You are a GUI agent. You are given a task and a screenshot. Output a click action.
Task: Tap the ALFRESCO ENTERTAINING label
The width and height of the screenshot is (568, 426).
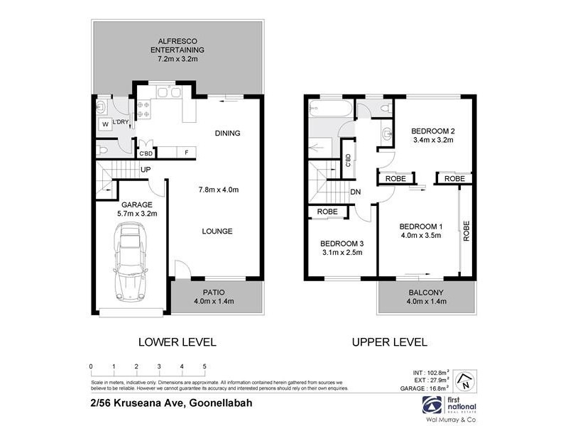177,50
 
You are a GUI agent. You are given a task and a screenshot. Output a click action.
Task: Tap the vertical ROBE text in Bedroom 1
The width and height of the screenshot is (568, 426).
466,231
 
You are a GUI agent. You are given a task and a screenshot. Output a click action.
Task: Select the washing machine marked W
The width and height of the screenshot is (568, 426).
105,124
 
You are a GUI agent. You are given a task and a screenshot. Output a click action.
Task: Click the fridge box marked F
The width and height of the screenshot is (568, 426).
186,152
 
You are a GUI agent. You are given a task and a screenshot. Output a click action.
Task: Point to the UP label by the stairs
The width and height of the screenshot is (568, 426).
146,170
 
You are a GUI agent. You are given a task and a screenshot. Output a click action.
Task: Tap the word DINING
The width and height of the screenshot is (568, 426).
227,133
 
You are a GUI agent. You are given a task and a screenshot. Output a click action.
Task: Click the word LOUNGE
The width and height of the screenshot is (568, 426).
217,231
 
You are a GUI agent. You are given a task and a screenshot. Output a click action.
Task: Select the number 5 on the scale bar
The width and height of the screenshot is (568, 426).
204,366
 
